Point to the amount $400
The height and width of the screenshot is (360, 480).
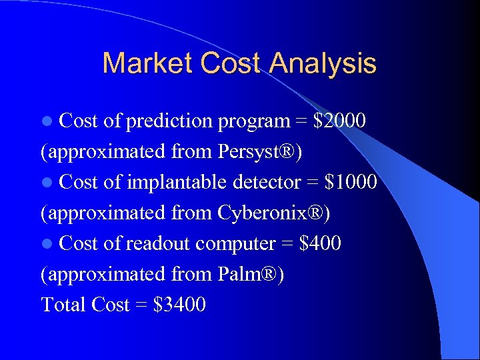tap(321, 243)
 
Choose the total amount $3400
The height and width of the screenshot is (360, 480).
tap(179, 305)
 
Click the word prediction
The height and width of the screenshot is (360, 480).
tap(167, 121)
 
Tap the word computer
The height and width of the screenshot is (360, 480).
tap(235, 243)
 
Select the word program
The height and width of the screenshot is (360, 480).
tap(253, 121)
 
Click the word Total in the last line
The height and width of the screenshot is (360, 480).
tap(63, 305)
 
